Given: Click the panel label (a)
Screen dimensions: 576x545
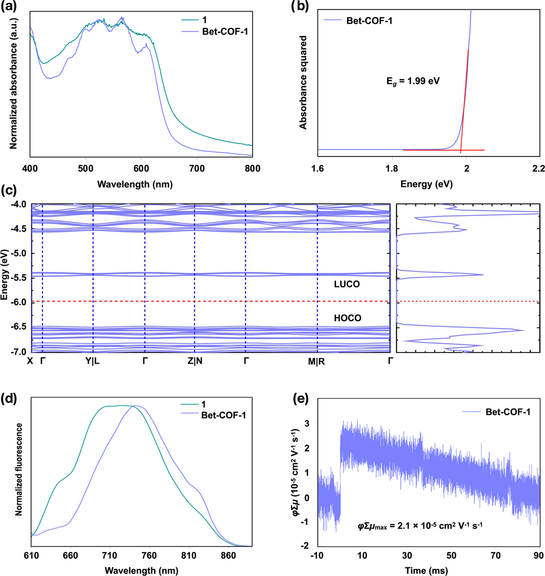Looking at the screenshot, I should tap(9, 6).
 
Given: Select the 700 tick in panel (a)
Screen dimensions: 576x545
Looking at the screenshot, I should tap(197, 169).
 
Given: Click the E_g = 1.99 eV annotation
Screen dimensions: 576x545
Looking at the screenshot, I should tap(413, 81).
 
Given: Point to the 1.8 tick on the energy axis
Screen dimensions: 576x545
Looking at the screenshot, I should tap(392, 169).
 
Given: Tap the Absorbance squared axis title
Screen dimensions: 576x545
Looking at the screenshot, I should tap(303, 82).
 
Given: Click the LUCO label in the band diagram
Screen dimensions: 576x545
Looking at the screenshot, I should tap(347, 284).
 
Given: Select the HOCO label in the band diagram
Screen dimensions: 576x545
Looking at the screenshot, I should tap(348, 318).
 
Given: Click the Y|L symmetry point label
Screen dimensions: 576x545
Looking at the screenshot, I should tap(93, 361).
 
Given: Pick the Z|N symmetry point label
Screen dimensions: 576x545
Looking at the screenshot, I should tap(195, 361).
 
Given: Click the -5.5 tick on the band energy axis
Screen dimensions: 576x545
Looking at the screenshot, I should tap(19, 278).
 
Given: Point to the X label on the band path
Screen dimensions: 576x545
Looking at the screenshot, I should tap(30, 361).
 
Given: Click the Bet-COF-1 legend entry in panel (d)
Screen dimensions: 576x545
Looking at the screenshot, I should tap(224, 415).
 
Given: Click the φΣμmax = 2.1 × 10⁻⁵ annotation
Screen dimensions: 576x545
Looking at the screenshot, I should tap(420, 526).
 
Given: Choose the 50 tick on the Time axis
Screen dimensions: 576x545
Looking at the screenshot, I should tap(451, 555).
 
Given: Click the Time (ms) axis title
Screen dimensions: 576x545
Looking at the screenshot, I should tap(426, 570).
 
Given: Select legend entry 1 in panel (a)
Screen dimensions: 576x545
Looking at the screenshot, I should tap(204, 20).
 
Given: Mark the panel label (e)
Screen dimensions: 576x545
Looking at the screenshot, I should tap(301, 399).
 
